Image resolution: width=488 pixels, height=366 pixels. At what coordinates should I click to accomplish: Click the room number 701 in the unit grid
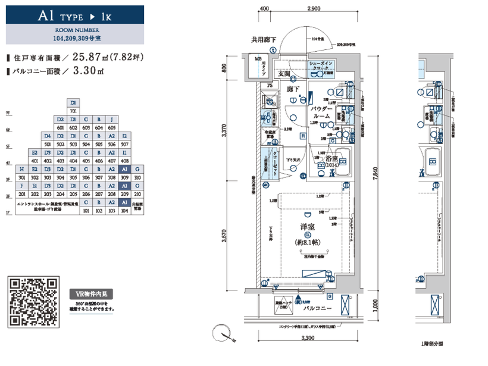[x=74, y=111]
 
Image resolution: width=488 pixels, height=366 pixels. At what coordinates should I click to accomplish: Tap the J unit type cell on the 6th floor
[x=111, y=119]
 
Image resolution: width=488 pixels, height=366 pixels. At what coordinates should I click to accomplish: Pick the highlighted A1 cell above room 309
[x=124, y=170]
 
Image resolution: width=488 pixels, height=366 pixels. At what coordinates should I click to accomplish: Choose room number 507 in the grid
[x=124, y=144]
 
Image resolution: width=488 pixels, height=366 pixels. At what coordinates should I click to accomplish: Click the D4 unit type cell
[x=48, y=136]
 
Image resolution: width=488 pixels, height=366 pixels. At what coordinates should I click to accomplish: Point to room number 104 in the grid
[x=124, y=210]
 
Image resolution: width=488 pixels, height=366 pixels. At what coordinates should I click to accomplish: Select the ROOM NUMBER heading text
[x=72, y=28]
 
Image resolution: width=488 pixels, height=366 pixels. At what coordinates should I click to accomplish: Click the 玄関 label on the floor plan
[x=284, y=73]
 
